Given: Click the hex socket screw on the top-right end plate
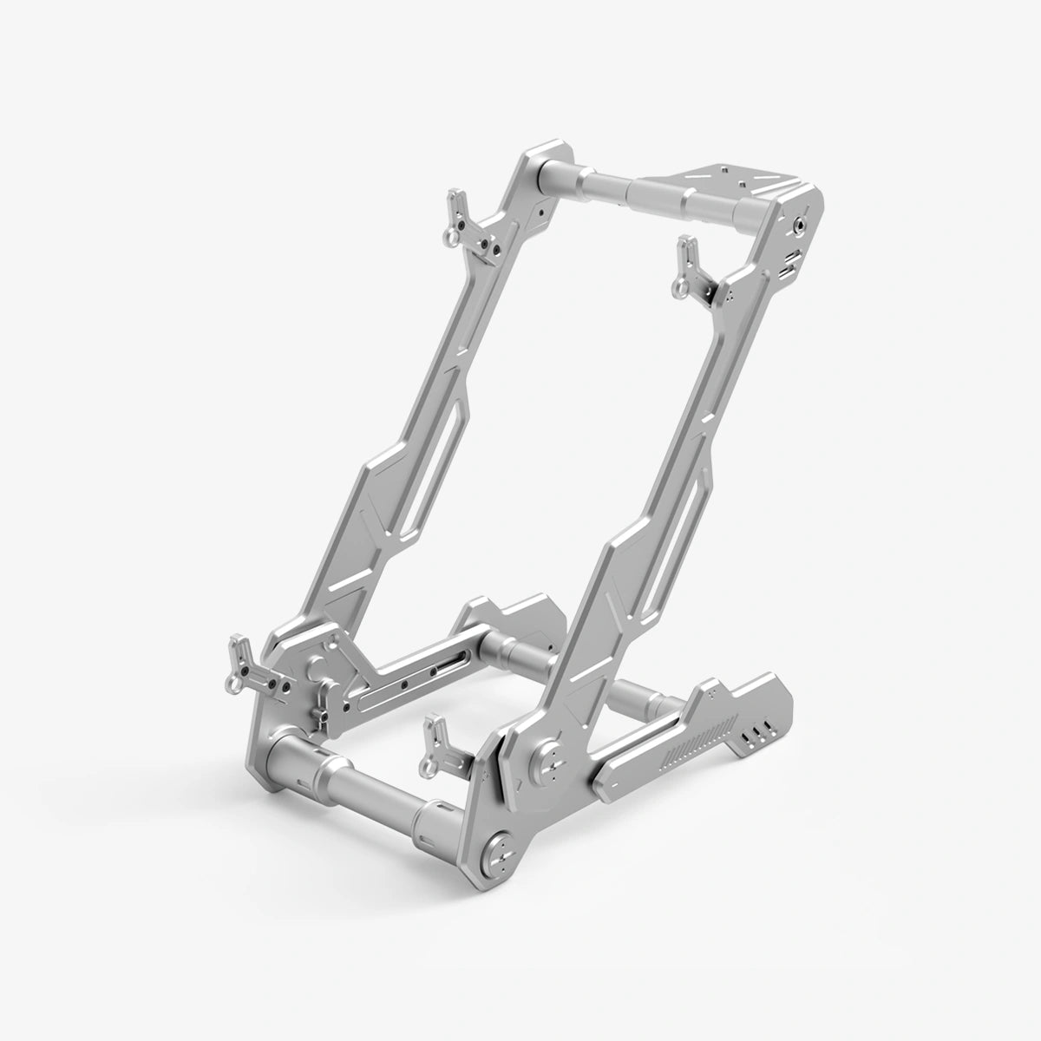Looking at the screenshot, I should coord(796,225).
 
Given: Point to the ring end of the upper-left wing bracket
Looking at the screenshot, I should coord(448,235).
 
